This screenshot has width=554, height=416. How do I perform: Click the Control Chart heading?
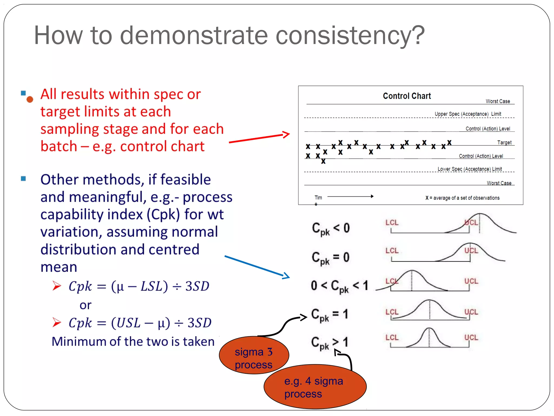(x=407, y=96)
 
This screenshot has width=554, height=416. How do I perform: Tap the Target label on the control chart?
(x=504, y=142)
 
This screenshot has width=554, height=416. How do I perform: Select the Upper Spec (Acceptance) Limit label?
(x=468, y=114)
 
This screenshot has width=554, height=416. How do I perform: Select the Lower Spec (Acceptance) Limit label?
(x=470, y=169)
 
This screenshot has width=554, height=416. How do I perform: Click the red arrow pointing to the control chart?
(x=259, y=138)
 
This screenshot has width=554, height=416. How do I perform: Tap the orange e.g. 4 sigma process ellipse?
(x=315, y=387)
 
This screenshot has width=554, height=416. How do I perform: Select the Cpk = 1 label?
(x=329, y=315)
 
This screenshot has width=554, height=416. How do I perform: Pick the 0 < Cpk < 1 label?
(x=339, y=286)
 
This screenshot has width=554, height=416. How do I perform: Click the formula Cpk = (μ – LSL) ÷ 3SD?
(x=139, y=286)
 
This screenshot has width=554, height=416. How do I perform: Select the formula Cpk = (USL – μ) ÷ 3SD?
(x=140, y=323)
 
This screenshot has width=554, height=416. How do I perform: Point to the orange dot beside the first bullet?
(x=30, y=99)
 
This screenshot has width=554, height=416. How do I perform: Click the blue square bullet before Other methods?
(x=24, y=178)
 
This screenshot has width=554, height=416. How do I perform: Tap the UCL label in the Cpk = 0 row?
(x=471, y=251)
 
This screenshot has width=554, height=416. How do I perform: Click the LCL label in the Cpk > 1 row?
(x=392, y=337)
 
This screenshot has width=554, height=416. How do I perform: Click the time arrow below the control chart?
(x=350, y=196)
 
